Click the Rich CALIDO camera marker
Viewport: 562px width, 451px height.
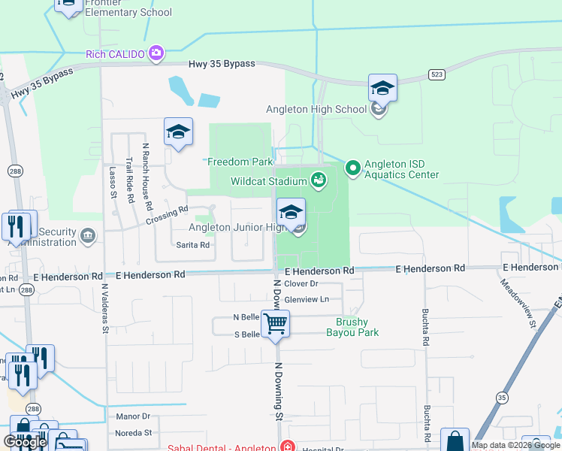pos(156,53)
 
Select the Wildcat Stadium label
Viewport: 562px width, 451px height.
pos(267,181)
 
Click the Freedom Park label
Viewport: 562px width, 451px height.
pos(240,162)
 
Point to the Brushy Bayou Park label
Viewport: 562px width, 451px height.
pos(352,327)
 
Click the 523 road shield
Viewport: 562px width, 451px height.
pos(436,74)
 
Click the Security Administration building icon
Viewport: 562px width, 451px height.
pos(89,237)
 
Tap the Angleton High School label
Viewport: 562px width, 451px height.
pos(329,109)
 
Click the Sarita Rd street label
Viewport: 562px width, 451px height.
pos(192,245)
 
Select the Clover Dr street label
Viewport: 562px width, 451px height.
pos(302,283)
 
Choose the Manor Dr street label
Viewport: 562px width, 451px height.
pos(133,416)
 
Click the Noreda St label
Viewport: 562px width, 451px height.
pos(133,433)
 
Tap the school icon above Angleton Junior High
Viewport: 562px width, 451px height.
pos(291,211)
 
